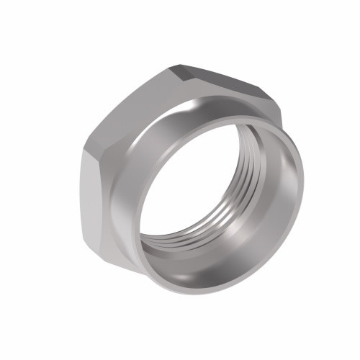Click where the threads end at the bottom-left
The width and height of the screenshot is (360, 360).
pos(155,241)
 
